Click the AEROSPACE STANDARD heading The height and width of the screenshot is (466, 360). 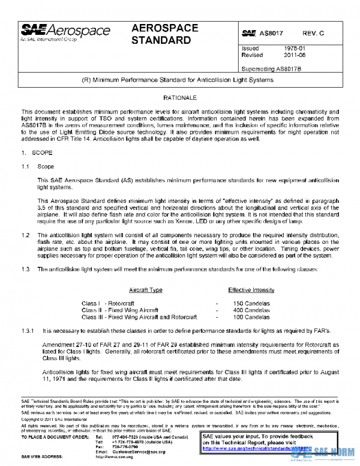click(161, 35)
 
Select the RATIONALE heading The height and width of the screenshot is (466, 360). click(179, 97)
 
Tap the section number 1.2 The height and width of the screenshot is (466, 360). click(25, 234)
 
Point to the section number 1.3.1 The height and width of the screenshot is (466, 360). click(28, 330)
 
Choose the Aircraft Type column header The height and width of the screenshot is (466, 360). click(146, 289)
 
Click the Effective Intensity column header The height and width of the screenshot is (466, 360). click(251, 289)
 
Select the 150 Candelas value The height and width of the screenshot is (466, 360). click(252, 303)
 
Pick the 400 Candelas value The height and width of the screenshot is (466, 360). click(252, 310)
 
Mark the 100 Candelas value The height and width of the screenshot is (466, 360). click(252, 316)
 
